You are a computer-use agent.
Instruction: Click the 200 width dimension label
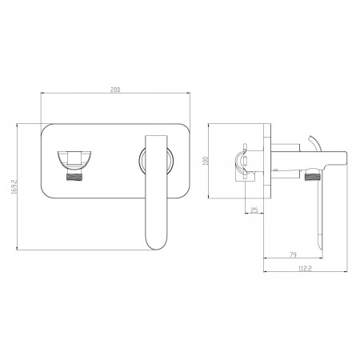[x=115, y=90]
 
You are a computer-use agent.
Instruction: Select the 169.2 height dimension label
[x=14, y=186]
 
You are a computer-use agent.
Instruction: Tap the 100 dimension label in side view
[x=206, y=161]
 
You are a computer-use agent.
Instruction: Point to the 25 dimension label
[x=254, y=210]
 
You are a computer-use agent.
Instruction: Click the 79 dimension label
[x=293, y=255]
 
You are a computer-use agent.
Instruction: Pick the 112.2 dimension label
[x=305, y=269]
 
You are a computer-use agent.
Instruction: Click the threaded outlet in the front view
[x=74, y=177]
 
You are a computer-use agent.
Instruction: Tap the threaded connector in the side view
[x=312, y=177]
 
